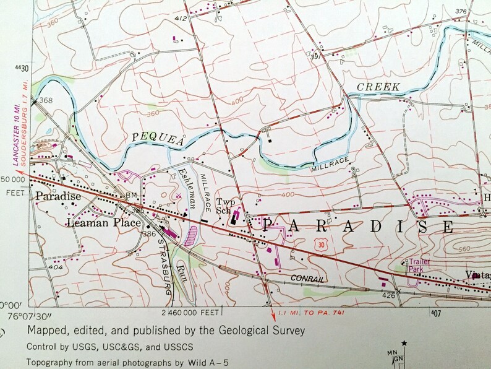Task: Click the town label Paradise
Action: click(x=58, y=196)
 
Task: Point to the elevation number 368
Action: click(x=45, y=100)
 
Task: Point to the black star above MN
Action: click(x=404, y=343)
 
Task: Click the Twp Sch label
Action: click(x=223, y=206)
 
